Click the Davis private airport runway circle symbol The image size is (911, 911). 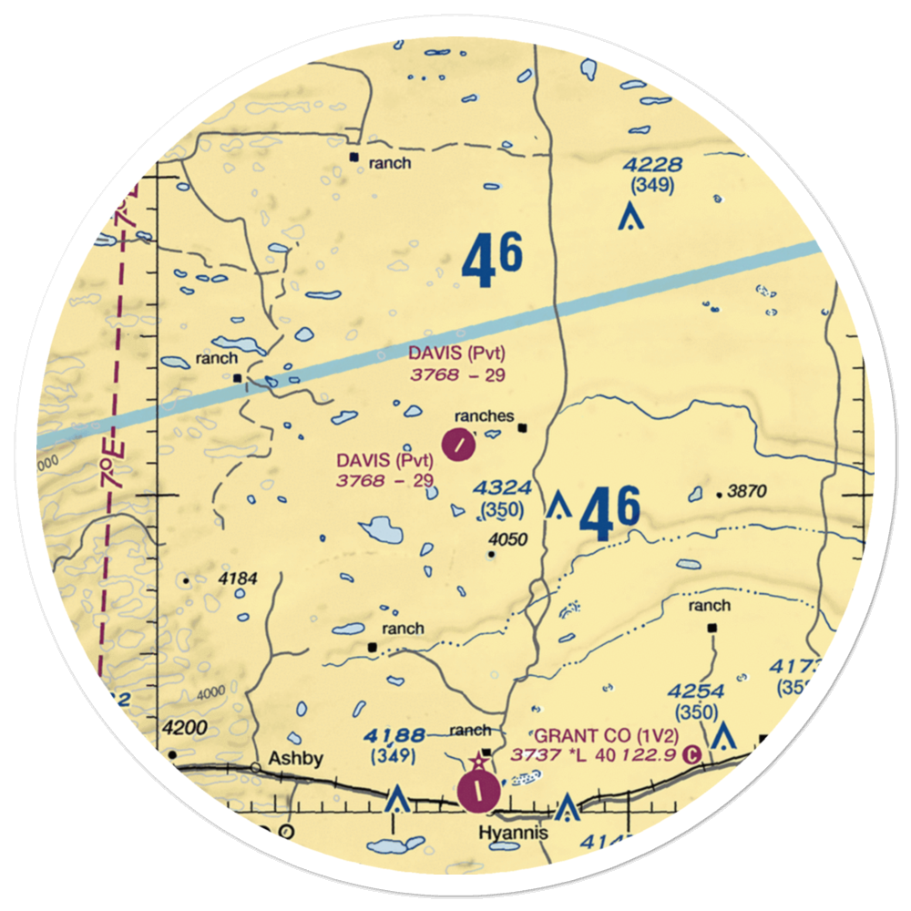coord(459,445)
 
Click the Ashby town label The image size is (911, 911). coord(295,759)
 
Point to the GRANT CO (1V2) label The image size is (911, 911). coord(593,735)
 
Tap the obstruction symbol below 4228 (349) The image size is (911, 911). coord(628,218)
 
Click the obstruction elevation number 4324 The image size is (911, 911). coord(501,490)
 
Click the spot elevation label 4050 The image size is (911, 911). coord(507,539)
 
